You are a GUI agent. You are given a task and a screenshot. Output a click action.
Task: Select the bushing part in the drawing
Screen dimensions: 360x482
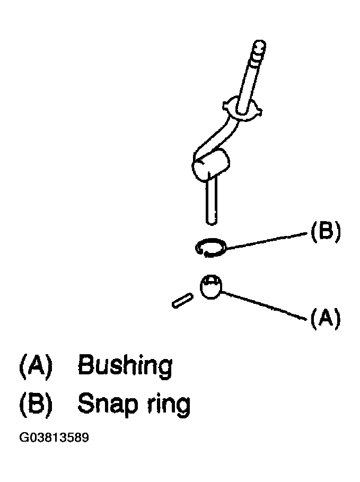click(x=211, y=287)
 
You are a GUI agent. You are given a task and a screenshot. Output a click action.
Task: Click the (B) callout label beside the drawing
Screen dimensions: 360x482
click(x=326, y=232)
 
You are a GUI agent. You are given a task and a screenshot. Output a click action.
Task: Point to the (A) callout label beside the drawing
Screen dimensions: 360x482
click(x=326, y=318)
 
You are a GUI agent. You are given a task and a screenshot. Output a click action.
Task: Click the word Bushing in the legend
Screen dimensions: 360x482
click(x=125, y=365)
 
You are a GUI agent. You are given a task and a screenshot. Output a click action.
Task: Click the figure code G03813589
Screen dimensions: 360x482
click(x=54, y=437)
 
